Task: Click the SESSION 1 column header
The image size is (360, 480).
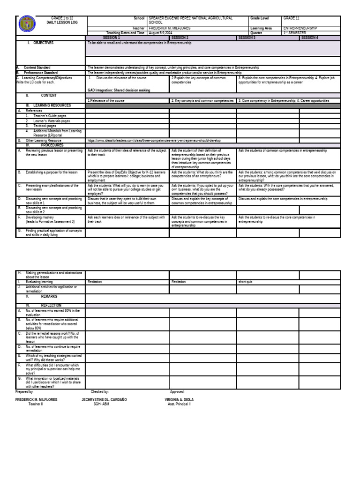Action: tap(111, 37)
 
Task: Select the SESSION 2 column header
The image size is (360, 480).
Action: tap(180, 37)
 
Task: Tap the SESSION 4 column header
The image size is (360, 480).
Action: tap(309, 37)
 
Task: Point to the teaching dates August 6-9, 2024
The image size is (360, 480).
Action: tap(161, 33)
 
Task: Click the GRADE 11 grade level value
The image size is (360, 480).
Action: tap(291, 18)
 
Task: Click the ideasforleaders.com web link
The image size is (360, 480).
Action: tap(154, 140)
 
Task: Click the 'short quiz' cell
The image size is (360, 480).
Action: tap(246, 282)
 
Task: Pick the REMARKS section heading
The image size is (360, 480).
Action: tap(49, 297)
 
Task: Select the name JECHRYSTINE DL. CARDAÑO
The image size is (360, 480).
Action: tap(104, 399)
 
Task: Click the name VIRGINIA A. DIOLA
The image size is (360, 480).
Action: tap(179, 399)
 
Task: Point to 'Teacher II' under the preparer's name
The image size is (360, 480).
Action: tap(35, 404)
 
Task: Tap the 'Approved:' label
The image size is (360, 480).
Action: tap(177, 391)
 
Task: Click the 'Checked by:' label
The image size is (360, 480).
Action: tap(100, 391)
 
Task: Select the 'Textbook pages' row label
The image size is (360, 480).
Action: tap(45, 126)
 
